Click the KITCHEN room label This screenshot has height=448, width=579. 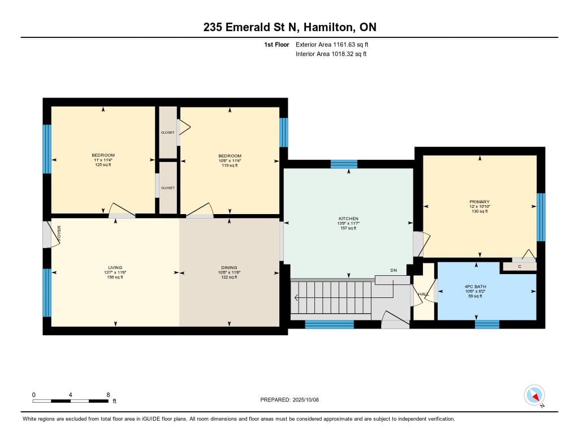pos(348,219)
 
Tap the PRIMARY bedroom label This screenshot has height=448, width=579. pos(479,202)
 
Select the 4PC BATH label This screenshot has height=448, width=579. pos(475,287)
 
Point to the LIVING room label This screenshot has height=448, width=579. pos(115,267)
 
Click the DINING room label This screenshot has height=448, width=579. pos(229,267)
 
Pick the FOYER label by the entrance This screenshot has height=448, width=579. pos(59,234)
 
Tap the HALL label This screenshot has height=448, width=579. pos(424,294)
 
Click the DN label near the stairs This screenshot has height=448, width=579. pos(394,270)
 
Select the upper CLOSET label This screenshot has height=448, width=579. pos(167,133)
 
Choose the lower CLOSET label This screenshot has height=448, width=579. pos(167,188)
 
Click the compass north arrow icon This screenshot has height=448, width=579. pos(534,395)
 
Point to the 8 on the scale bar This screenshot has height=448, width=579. pos(108,395)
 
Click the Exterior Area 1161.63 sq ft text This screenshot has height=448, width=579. pos(332,44)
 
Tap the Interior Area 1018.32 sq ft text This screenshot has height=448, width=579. pos(331,54)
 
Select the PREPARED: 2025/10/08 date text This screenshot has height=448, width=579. pos(289,399)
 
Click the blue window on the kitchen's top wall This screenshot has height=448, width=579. pos(344,164)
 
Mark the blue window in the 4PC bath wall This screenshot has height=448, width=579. pos(487,325)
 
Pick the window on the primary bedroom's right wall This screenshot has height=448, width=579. pos(541,217)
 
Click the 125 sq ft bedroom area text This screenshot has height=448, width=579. pos(103,165)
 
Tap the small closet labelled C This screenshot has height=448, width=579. pos(520,266)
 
